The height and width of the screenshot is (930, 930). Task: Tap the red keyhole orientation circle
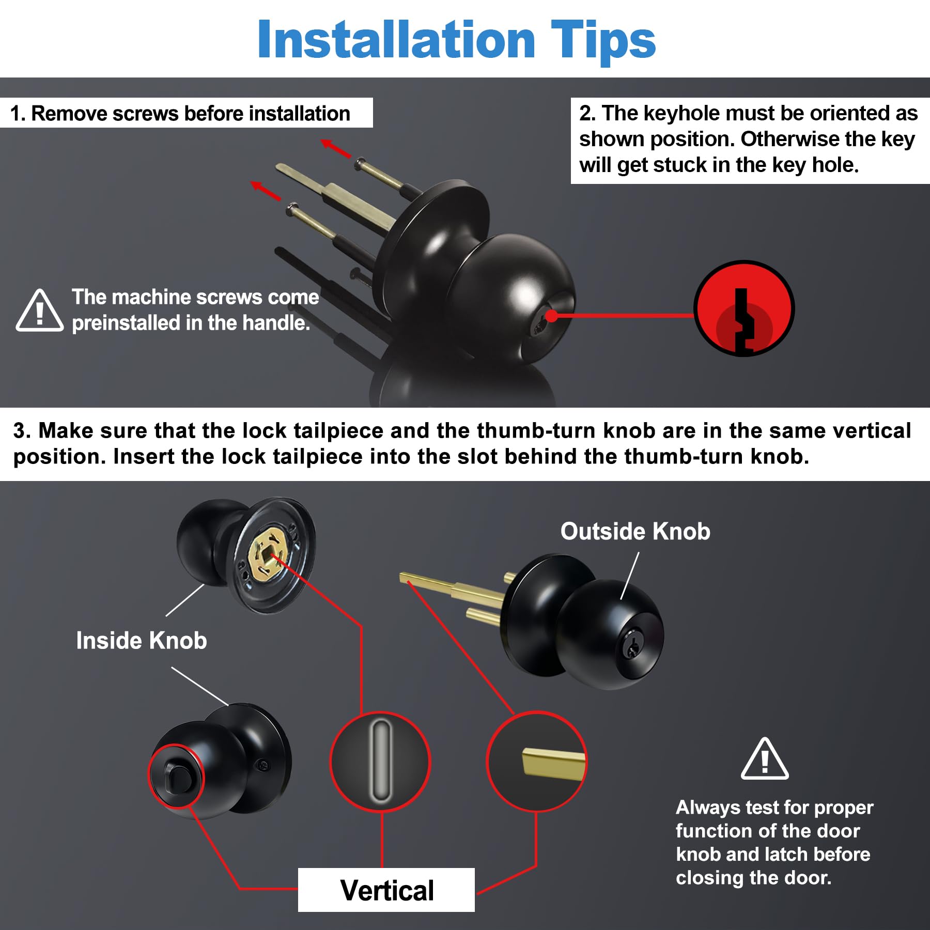pyautogui.click(x=743, y=308)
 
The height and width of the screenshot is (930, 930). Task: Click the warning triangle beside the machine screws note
pyautogui.click(x=40, y=310)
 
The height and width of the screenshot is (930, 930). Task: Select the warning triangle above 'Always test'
pyautogui.click(x=765, y=759)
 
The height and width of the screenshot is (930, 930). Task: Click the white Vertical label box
pyautogui.click(x=386, y=890)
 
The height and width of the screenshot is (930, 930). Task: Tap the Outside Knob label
pyautogui.click(x=635, y=531)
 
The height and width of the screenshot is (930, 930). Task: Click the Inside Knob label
pyautogui.click(x=142, y=640)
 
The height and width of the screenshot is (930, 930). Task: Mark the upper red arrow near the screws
pyautogui.click(x=336, y=149)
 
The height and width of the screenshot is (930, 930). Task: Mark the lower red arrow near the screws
pyautogui.click(x=266, y=191)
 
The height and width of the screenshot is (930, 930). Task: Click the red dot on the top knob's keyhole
pyautogui.click(x=551, y=315)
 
